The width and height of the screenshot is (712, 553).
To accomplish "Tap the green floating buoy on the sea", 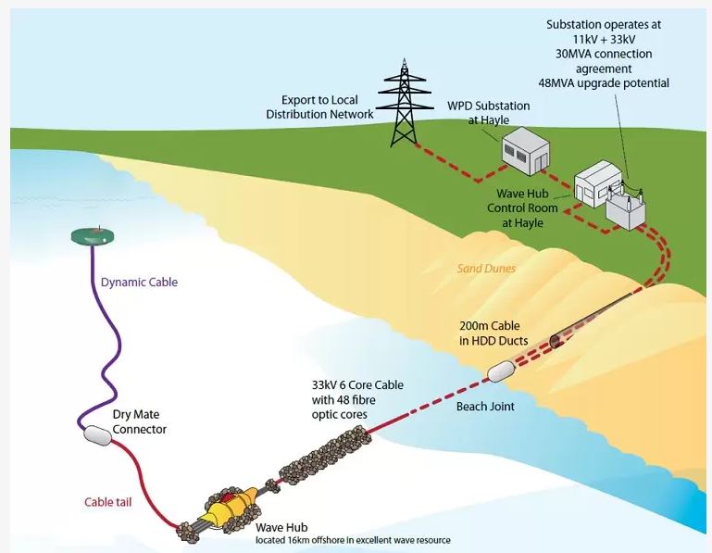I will click(94, 235).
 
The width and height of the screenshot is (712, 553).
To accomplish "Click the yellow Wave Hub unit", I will click(232, 509).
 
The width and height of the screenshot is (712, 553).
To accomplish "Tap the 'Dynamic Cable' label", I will click(138, 282).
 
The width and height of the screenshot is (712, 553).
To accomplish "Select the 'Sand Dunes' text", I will click(486, 269).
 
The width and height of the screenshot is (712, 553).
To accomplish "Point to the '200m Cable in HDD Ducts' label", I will click(493, 333).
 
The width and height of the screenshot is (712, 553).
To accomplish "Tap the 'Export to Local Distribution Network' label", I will click(319, 107).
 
